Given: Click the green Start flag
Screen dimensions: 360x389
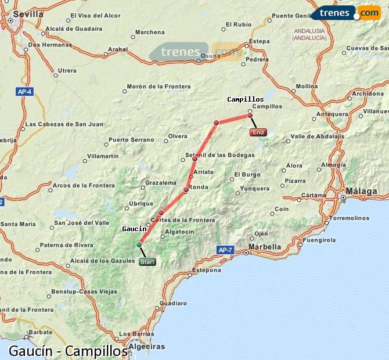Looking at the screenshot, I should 147,262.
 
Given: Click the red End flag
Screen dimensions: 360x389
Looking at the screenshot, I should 258,132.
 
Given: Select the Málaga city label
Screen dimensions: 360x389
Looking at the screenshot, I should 361,190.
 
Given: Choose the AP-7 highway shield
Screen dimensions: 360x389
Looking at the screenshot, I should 225,250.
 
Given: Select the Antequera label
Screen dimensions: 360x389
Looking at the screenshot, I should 331,114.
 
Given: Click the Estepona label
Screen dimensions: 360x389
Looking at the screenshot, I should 206,270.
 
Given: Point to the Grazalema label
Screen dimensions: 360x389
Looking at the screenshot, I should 160,182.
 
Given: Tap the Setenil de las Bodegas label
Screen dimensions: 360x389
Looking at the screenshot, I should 219,155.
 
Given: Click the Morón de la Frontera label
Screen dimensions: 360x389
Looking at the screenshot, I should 159,87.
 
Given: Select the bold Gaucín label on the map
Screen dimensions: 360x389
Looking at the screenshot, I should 134,229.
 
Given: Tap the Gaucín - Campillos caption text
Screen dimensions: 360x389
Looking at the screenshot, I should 68,351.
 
